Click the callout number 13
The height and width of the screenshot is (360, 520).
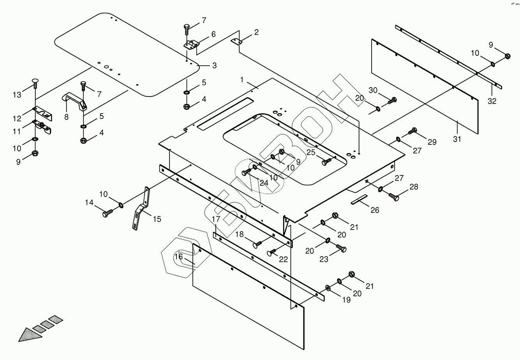17,95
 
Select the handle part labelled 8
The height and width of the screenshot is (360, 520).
75,100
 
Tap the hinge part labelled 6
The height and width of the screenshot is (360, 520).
191,44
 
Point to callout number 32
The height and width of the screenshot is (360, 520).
492,101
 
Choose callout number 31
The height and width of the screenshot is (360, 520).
457,139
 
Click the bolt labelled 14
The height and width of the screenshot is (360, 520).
107,213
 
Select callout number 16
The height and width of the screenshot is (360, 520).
178,257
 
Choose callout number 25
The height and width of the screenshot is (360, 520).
310,153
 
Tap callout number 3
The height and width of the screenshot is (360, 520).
214,65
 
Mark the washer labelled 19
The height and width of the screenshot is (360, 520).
328,288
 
